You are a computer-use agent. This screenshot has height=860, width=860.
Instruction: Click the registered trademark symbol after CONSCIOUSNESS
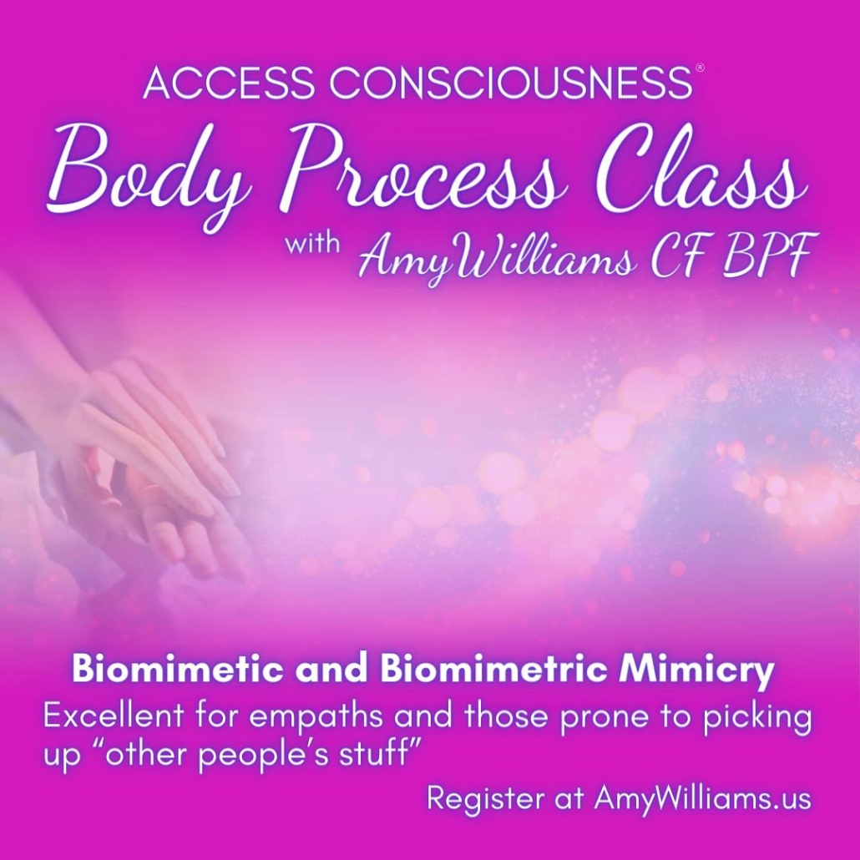pos(700,68)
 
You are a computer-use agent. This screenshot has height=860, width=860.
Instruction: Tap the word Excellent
pos(114,717)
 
